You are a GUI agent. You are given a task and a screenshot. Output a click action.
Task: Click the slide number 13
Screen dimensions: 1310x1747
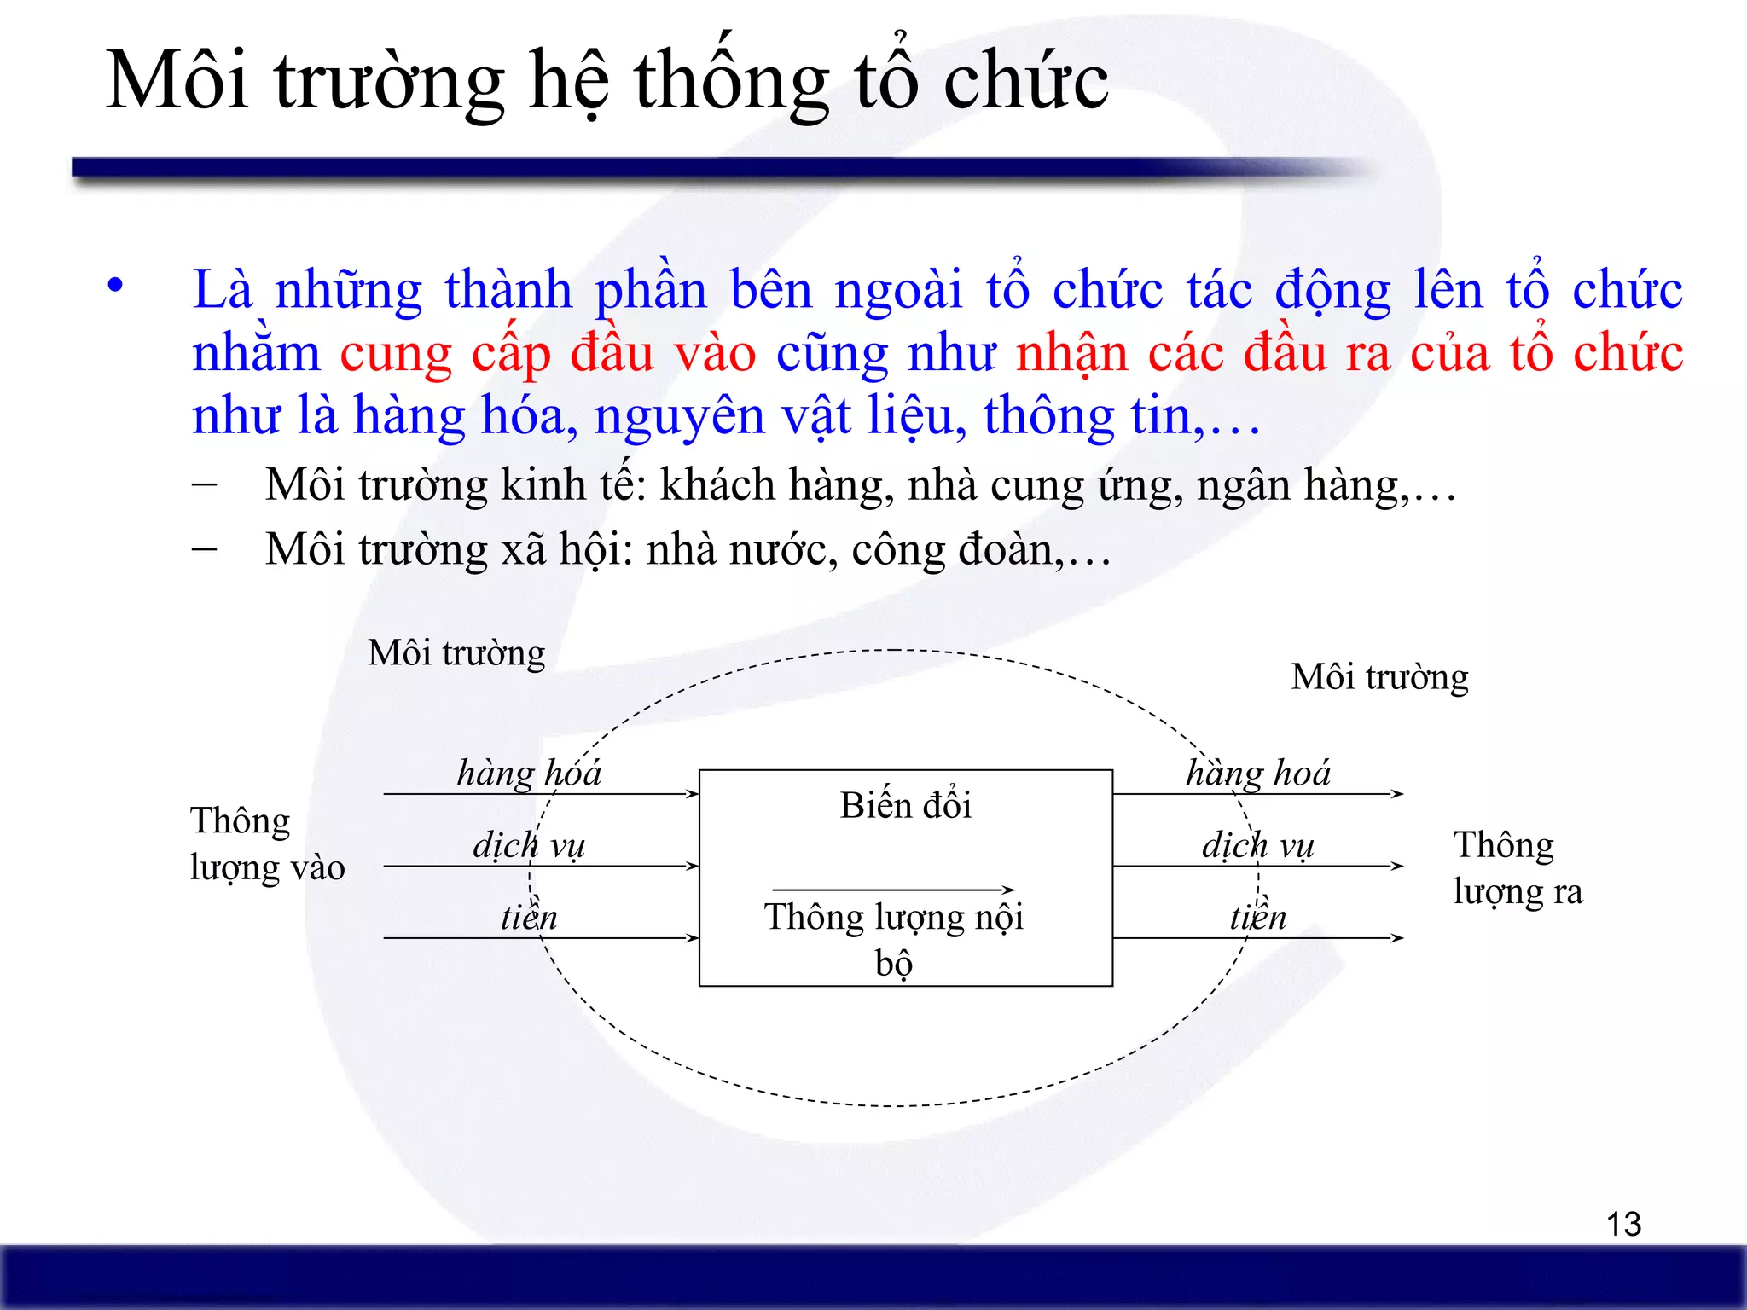pyautogui.click(x=1623, y=1224)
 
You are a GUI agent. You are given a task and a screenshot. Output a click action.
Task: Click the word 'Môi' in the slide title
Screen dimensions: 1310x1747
pyautogui.click(x=177, y=81)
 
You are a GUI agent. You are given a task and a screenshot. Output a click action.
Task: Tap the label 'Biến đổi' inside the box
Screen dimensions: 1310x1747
pyautogui.click(x=905, y=806)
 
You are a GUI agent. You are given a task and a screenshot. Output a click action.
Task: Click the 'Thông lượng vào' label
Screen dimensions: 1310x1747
pyautogui.click(x=266, y=843)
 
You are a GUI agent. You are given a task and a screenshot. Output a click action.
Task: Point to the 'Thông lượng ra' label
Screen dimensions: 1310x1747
pyautogui.click(x=1517, y=867)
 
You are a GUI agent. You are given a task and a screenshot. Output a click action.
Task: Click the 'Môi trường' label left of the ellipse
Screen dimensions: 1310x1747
pyautogui.click(x=456, y=653)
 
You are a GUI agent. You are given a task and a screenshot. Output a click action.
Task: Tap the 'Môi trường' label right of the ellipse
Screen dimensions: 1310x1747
pyautogui.click(x=1379, y=677)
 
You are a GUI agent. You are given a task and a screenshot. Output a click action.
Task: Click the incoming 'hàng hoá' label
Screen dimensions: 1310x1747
pyautogui.click(x=529, y=774)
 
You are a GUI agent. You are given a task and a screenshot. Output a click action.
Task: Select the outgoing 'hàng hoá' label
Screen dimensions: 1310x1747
pyautogui.click(x=1258, y=774)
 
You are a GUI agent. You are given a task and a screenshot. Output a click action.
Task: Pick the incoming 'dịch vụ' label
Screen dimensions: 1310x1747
pyautogui.click(x=529, y=845)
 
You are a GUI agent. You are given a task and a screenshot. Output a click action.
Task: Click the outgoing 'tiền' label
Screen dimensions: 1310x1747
pyautogui.click(x=1258, y=918)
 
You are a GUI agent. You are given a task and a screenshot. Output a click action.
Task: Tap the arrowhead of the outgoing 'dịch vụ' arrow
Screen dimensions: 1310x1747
pyautogui.click(x=1396, y=866)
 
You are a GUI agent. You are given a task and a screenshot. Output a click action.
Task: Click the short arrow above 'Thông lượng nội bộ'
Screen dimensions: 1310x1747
pyautogui.click(x=893, y=890)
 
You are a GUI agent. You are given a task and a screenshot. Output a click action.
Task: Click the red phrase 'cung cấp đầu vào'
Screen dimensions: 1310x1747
pyautogui.click(x=548, y=353)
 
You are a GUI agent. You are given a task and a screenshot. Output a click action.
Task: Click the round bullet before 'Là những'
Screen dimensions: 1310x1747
pyautogui.click(x=115, y=286)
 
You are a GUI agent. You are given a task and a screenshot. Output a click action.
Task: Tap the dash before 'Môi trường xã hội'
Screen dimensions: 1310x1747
pyautogui.click(x=204, y=548)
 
